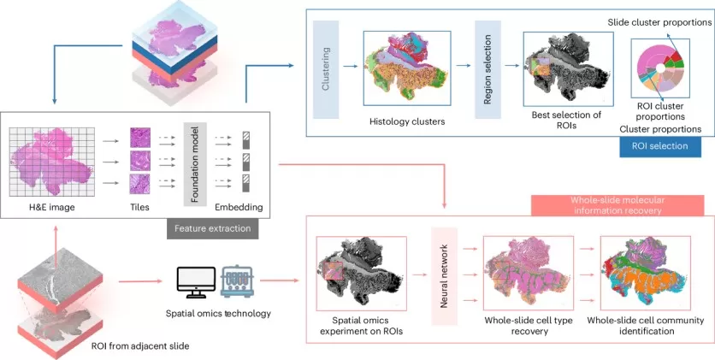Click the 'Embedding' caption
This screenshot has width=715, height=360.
tap(239, 207)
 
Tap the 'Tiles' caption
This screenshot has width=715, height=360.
tap(140, 207)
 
